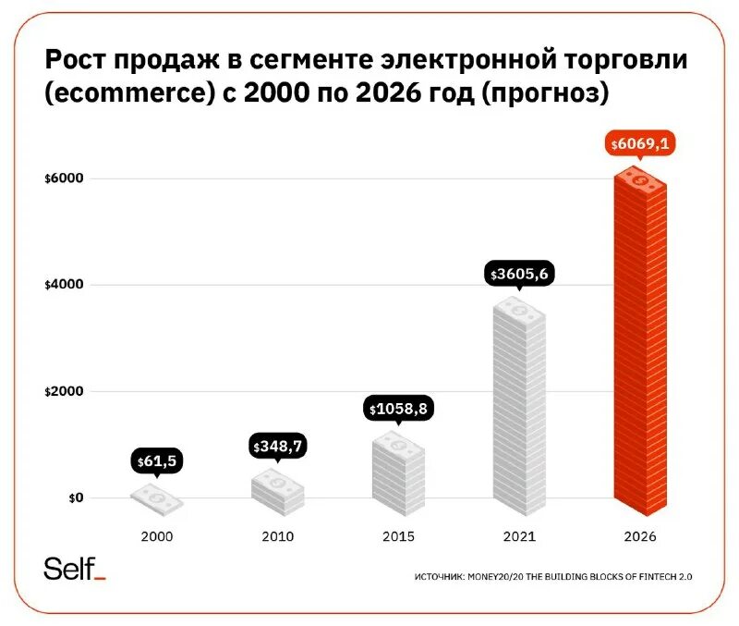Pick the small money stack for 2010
coord(278,491)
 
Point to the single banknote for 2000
coord(156,500)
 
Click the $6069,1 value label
coord(639,144)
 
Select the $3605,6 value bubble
coord(519,274)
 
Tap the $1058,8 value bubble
coord(399,408)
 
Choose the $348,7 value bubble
coord(278,447)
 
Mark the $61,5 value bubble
coord(156,460)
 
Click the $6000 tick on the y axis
coord(64,178)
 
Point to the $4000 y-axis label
coord(64,285)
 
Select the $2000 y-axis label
coord(64,391)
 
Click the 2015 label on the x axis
coord(399,535)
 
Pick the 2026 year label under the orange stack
coord(639,535)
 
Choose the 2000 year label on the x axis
coord(156,535)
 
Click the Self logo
coord(75,569)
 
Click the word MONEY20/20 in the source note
coord(503,576)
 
